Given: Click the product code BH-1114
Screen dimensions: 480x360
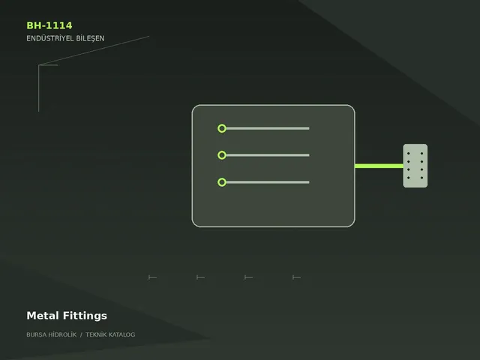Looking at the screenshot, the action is pos(49,25).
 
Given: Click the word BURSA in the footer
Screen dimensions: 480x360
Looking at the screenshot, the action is pos(35,334).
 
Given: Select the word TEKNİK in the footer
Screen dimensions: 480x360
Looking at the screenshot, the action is pos(96,334).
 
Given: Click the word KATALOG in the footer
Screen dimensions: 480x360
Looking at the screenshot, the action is pos(121,334).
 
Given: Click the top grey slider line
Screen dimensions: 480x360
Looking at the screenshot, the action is pos(268,128).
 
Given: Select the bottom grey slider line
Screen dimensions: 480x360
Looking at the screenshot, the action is pos(268,182).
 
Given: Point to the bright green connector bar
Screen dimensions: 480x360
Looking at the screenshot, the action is pos(379,166).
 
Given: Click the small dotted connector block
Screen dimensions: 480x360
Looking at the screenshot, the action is pos(415,166).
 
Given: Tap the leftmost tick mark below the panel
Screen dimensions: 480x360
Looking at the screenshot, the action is pos(152,277).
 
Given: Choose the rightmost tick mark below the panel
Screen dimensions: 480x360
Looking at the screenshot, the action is pos(296,277).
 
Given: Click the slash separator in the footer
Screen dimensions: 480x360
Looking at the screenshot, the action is pos(81,334).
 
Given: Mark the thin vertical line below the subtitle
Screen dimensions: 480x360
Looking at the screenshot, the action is pos(38,88).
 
